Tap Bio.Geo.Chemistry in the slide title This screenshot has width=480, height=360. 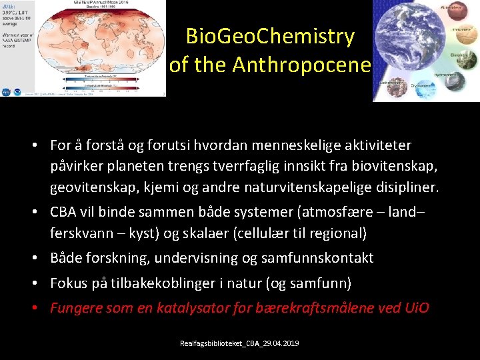[270, 36]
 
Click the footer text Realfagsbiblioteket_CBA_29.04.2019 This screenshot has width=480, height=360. [239, 343]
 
